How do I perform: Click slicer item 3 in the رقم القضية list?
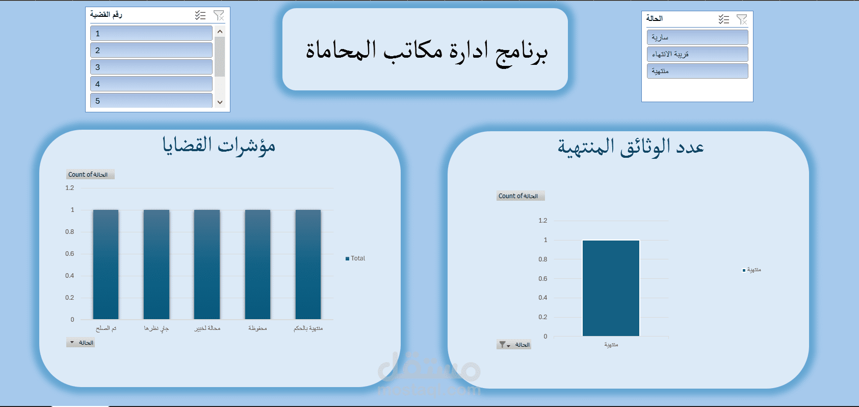click(151, 67)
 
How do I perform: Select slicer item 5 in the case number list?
click(151, 100)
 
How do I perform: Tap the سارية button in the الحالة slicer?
click(697, 37)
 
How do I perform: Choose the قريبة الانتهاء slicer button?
click(697, 54)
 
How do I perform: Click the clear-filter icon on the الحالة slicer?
click(742, 19)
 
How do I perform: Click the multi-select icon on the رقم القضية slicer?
click(200, 15)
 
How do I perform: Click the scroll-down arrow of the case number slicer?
click(220, 102)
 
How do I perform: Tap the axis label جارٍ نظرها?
click(156, 328)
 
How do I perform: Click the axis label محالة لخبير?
click(207, 328)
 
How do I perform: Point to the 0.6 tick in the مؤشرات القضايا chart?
click(70, 254)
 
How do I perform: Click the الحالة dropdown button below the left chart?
click(81, 343)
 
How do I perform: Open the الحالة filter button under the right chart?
click(514, 345)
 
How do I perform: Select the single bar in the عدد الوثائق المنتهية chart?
click(611, 288)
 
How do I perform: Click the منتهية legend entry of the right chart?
click(753, 270)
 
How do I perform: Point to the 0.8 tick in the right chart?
click(543, 259)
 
